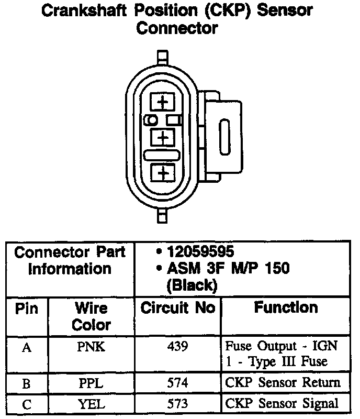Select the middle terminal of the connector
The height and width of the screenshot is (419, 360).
pyautogui.click(x=163, y=137)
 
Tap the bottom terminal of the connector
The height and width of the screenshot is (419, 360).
pyautogui.click(x=163, y=172)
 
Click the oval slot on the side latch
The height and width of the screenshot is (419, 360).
pyautogui.click(x=226, y=135)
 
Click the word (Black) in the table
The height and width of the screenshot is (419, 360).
pyautogui.click(x=191, y=285)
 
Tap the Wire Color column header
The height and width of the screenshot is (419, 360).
pyautogui.click(x=92, y=316)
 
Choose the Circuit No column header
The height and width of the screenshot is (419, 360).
pyautogui.click(x=178, y=308)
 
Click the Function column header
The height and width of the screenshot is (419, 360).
pyautogui.click(x=286, y=307)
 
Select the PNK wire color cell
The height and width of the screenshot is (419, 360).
pyautogui.click(x=92, y=346)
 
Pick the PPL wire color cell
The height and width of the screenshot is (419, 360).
pyautogui.click(x=92, y=382)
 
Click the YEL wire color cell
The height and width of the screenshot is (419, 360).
pyautogui.click(x=92, y=403)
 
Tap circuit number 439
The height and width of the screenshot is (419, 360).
pyautogui.click(x=178, y=346)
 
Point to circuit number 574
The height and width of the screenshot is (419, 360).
pyautogui.click(x=178, y=382)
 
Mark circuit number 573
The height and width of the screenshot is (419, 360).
pyautogui.click(x=178, y=403)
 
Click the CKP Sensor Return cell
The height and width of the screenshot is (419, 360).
pyautogui.click(x=283, y=382)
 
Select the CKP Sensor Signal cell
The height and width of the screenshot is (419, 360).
pyautogui.click(x=283, y=403)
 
